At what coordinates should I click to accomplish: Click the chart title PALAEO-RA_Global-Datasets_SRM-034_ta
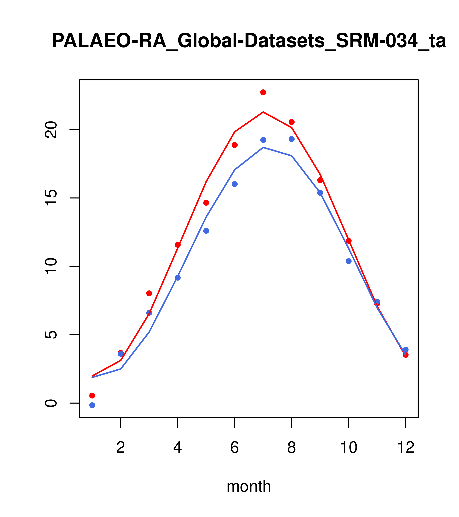pos(249,41)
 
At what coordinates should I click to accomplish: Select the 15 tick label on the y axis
pos(51,198)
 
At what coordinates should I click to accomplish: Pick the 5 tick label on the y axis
pos(51,335)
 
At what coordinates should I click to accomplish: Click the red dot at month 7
pos(263,92)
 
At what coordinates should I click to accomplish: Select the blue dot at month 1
pos(92,405)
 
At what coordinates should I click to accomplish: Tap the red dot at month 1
pos(92,395)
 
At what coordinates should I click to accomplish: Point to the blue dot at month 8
pos(292,139)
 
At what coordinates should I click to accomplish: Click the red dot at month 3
pos(149,293)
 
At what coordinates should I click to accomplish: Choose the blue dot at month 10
pos(349,261)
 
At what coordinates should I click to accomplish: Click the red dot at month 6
pos(235,145)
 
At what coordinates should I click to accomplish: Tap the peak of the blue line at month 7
pos(263,147)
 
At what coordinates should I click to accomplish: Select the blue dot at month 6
pos(235,184)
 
